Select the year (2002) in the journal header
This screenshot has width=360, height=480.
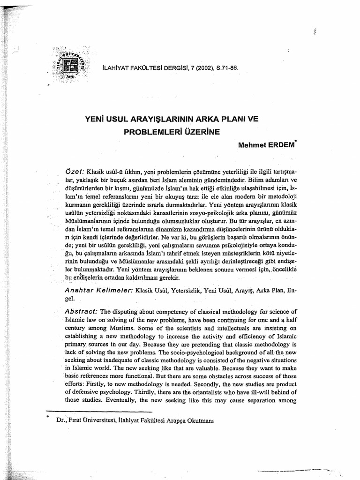pos(196,67)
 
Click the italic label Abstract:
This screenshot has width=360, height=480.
pos(82,312)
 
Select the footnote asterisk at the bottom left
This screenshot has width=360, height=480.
pos(47,416)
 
